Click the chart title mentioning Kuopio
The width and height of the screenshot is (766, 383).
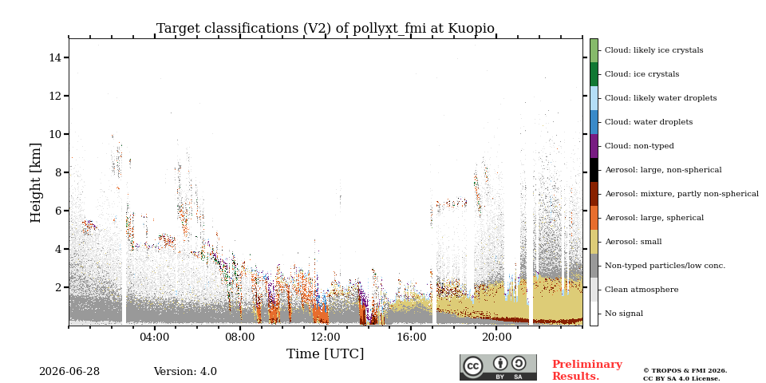coord(326,29)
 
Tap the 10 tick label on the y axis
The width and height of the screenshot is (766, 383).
coord(56,134)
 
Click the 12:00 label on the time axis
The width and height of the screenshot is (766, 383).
coord(326,338)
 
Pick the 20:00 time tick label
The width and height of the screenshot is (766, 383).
coord(496,338)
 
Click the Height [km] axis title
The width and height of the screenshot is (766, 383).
coord(36,183)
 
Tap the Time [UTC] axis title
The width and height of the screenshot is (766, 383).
coord(326,353)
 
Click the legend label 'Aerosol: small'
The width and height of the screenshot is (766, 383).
coord(634,242)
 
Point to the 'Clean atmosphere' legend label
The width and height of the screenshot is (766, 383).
coord(642,290)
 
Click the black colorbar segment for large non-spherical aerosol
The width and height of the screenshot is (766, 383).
coord(594,170)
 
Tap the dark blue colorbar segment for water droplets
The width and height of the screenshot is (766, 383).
coord(594,122)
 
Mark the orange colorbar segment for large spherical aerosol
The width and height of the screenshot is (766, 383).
coord(594,218)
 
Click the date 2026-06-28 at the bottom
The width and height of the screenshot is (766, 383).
coord(69,372)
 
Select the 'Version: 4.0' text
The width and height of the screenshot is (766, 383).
coord(185,372)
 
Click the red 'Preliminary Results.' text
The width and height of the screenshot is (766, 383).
coord(587,370)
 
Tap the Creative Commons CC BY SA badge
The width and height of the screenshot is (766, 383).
coord(498,367)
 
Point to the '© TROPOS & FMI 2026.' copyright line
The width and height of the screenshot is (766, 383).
coord(685,371)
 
